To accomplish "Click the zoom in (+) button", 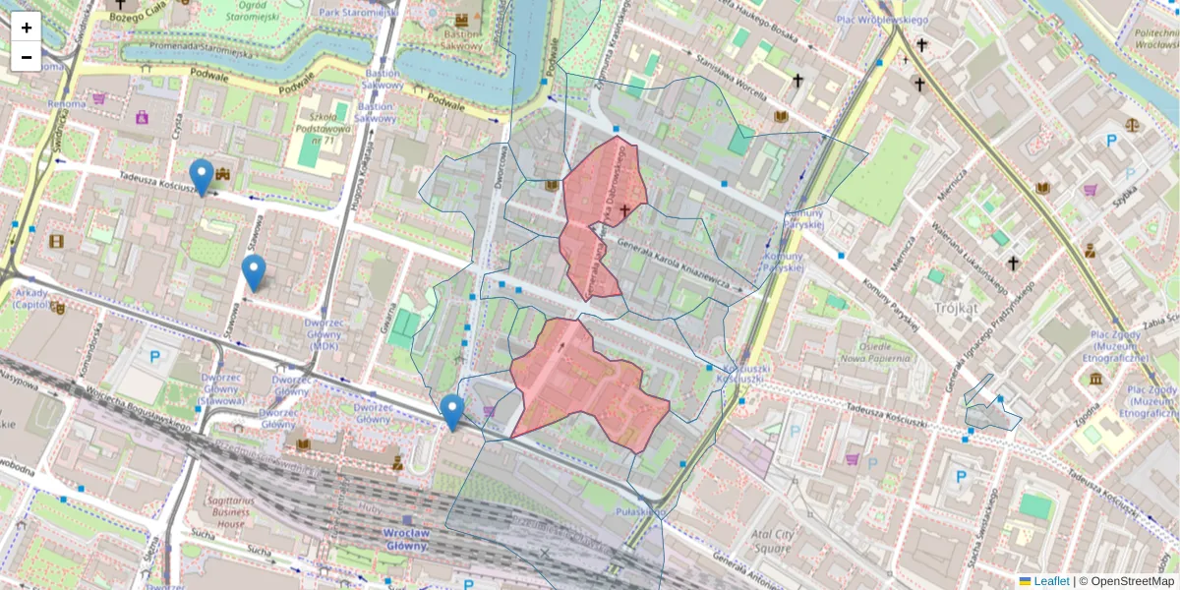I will [27, 28].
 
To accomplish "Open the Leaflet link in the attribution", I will [1050, 581].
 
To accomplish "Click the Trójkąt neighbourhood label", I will [956, 308].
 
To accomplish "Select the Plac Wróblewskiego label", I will [882, 20].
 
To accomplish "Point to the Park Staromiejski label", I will [356, 12].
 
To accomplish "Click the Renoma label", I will [67, 103].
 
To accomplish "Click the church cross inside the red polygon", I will [624, 210].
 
